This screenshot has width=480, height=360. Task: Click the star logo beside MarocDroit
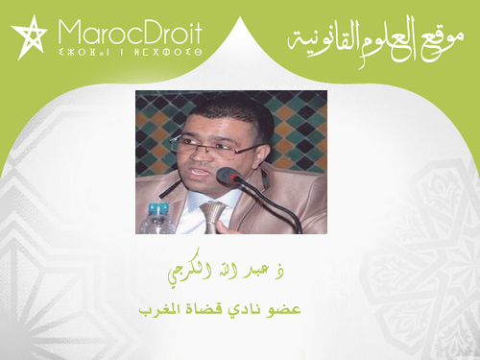tap(28, 37)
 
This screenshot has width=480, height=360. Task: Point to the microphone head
tap(228, 177)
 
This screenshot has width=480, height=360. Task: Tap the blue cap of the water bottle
tap(156, 205)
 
